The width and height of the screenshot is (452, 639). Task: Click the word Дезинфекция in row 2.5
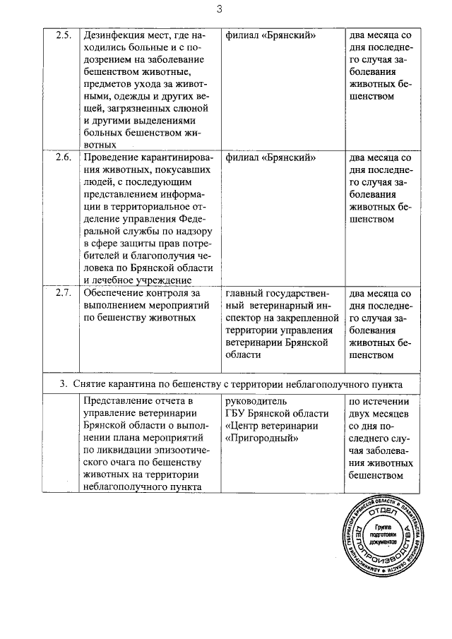(x=116, y=35)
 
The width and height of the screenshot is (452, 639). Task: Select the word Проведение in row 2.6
(x=112, y=157)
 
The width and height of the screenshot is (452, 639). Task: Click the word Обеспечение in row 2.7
(x=116, y=293)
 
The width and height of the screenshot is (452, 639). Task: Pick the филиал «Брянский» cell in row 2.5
(x=270, y=35)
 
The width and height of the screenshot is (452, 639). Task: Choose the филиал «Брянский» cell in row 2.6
(x=270, y=157)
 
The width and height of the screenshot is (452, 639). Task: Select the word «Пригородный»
(x=258, y=438)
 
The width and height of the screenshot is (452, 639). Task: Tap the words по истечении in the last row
(x=379, y=402)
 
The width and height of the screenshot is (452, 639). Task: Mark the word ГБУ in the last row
(x=236, y=414)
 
